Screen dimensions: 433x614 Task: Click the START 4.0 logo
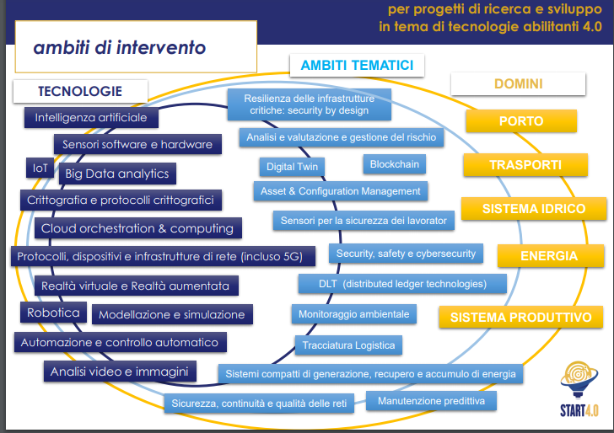coord(582,388)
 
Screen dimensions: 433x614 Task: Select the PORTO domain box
coord(520,121)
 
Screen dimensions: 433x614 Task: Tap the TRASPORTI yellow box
coord(525,165)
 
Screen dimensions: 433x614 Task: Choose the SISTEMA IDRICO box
coord(533,209)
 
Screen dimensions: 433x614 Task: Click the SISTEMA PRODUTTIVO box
coord(520,318)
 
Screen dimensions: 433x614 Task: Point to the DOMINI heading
coord(518,84)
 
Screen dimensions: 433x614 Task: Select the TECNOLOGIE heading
coord(80,91)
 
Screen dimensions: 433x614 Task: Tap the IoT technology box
coord(40,168)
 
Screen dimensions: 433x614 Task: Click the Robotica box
coord(53,313)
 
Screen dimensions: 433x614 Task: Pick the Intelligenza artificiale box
coord(91,118)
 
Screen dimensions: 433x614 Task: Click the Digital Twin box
coord(292,167)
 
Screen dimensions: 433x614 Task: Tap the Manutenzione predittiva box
coord(431,401)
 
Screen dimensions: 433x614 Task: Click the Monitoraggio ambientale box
coord(353,314)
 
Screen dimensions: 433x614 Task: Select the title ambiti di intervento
coord(119,48)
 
